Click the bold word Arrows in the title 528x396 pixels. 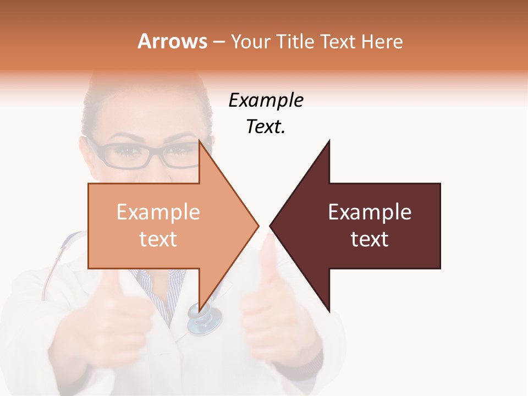coord(172,42)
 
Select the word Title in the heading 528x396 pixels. coord(294,42)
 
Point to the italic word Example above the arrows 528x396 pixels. coord(266,101)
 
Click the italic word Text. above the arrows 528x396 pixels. coord(266,127)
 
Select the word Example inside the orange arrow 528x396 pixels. coord(158,212)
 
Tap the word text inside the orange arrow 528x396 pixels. coord(158,239)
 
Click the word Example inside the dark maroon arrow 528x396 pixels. coord(370,212)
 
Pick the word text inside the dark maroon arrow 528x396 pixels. coord(370,239)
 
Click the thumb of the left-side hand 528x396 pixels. coord(110,286)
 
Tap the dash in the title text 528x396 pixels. coord(218,42)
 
